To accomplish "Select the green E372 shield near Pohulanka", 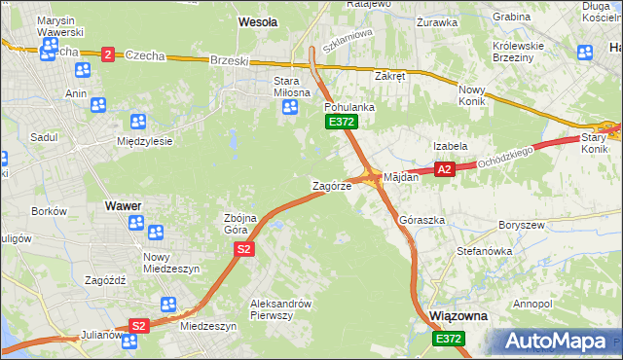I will tap(342, 122).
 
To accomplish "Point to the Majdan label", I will tap(401, 178).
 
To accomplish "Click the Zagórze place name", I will tap(331, 185).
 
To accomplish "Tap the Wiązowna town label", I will tap(458, 317).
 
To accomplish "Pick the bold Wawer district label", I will tap(124, 206).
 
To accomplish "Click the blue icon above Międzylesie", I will tap(137, 122).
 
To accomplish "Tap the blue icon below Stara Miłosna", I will tap(288, 107).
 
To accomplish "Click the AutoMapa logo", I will tap(561, 342).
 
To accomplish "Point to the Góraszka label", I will tap(422, 221).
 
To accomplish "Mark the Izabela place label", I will tap(451, 146).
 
